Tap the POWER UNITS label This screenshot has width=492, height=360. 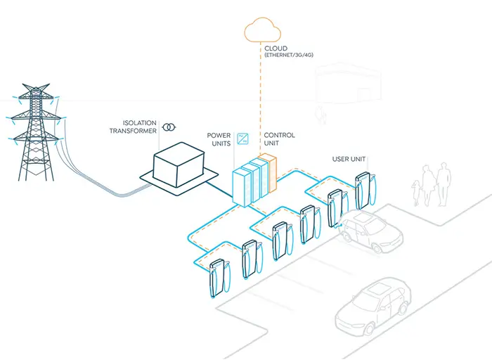click(x=219, y=139)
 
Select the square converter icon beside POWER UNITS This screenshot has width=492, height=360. click(x=243, y=138)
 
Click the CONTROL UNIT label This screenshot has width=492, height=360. click(x=279, y=139)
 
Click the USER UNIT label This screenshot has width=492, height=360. click(x=349, y=160)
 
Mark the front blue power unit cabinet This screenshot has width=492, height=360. click(x=241, y=185)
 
